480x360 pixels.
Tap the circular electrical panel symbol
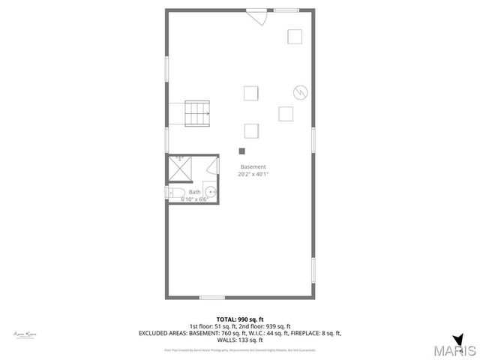pos(300,91)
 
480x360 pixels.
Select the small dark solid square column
pos(241,151)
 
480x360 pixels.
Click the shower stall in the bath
pos(179,169)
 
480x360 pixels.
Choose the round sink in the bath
pos(211,193)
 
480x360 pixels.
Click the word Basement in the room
pos(253,166)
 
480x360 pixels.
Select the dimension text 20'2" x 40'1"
pos(254,174)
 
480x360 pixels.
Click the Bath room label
pos(194,192)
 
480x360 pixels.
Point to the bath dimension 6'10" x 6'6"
pos(193,199)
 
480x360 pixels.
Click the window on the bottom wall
pos(212,297)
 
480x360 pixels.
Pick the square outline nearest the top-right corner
pos(295,37)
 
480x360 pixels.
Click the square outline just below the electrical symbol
pos(286,113)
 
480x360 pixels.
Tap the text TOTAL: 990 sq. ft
pos(240,319)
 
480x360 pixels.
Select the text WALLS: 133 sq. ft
pos(240,340)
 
